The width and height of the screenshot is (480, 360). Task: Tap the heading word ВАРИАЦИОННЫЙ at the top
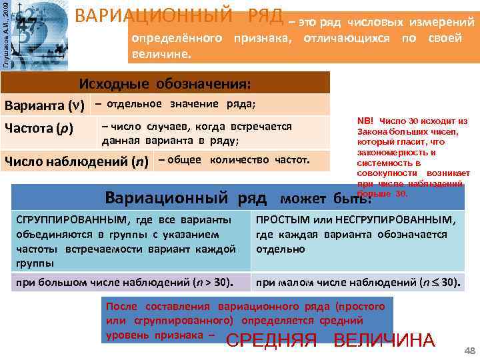(x=158, y=16)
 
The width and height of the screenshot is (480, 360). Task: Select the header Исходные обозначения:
(x=165, y=84)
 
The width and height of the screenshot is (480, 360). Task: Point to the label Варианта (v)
(x=44, y=105)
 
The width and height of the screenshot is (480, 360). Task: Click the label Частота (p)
(x=39, y=128)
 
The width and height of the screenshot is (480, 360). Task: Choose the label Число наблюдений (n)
(x=77, y=162)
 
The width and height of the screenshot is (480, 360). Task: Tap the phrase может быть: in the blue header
(x=326, y=199)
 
